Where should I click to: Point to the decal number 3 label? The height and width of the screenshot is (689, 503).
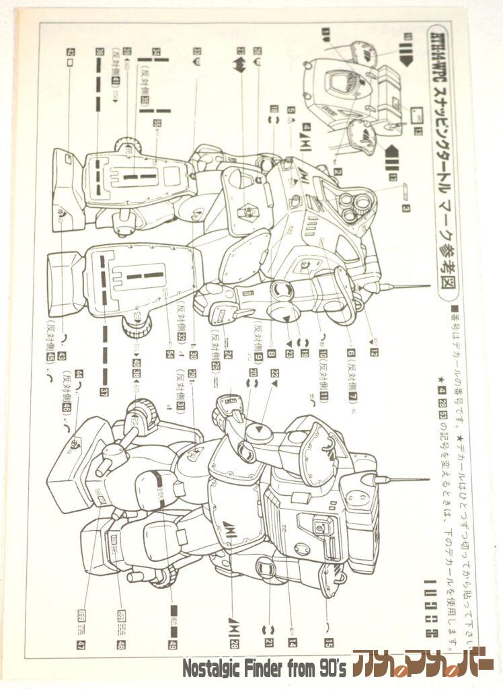click(x=407, y=209)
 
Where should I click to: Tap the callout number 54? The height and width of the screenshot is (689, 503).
click(x=169, y=354)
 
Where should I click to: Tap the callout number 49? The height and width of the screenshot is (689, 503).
click(x=173, y=644)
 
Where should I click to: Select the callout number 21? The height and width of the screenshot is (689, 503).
click(x=269, y=643)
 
